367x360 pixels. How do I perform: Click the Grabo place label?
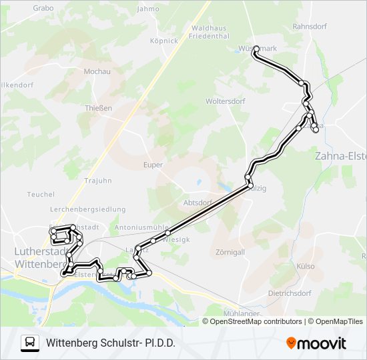(x=43, y=8)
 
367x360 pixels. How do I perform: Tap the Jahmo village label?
(x=147, y=9)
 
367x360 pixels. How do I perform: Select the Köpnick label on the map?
(x=164, y=41)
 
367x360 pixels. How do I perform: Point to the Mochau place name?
(x=97, y=71)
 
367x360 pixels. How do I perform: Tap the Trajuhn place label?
(x=98, y=181)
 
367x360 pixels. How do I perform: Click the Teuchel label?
(x=41, y=195)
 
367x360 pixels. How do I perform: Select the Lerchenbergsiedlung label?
(x=87, y=209)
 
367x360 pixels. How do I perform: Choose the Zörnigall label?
(x=230, y=253)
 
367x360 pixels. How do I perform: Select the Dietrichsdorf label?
(x=290, y=293)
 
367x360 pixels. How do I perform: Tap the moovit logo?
(x=316, y=343)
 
